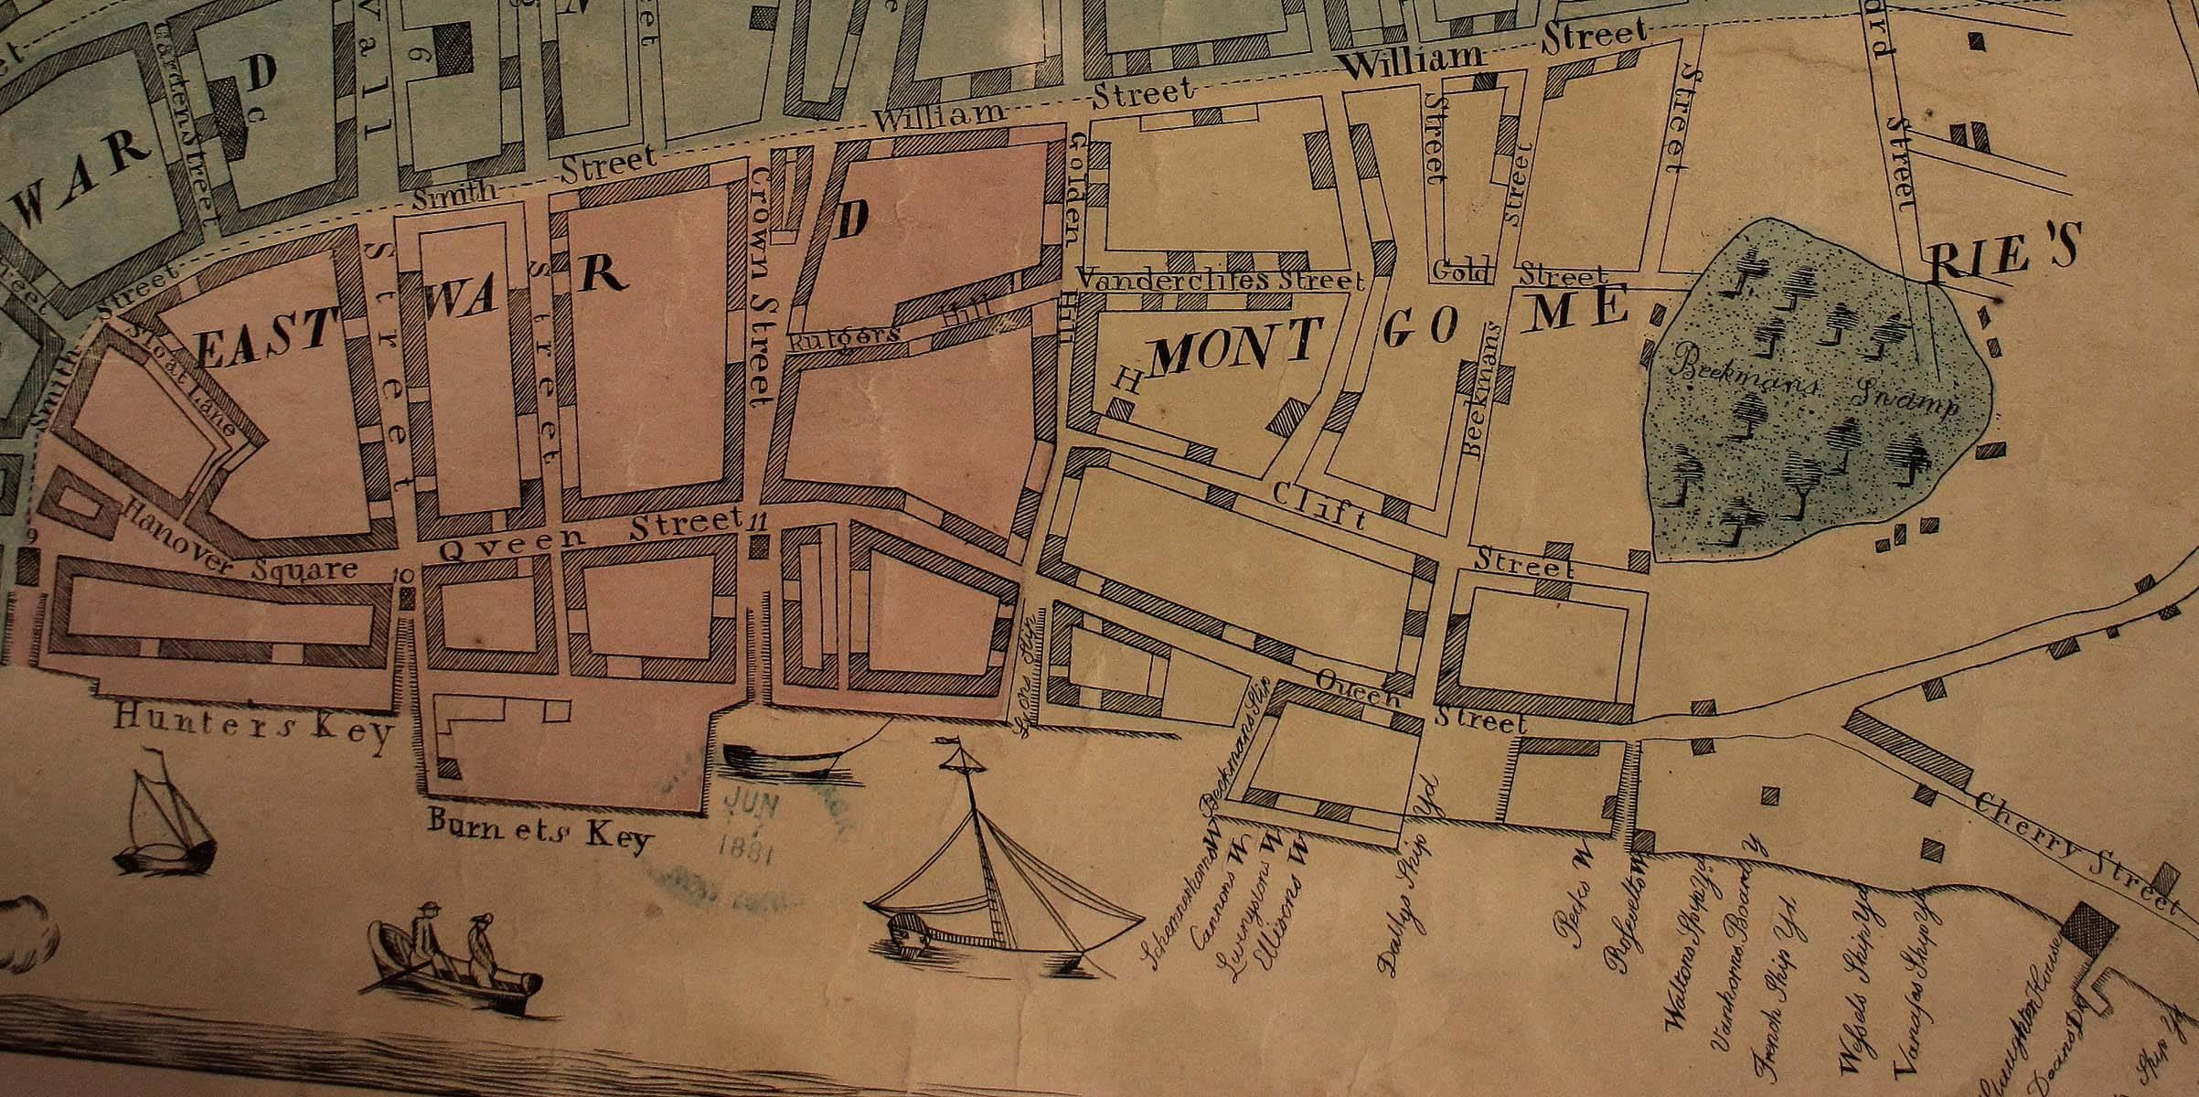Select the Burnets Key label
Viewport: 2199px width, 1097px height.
click(539, 830)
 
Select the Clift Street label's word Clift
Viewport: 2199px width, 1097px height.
click(1318, 507)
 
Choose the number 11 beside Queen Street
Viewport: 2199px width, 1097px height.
click(755, 523)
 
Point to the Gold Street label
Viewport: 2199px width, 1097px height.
click(1461, 271)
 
